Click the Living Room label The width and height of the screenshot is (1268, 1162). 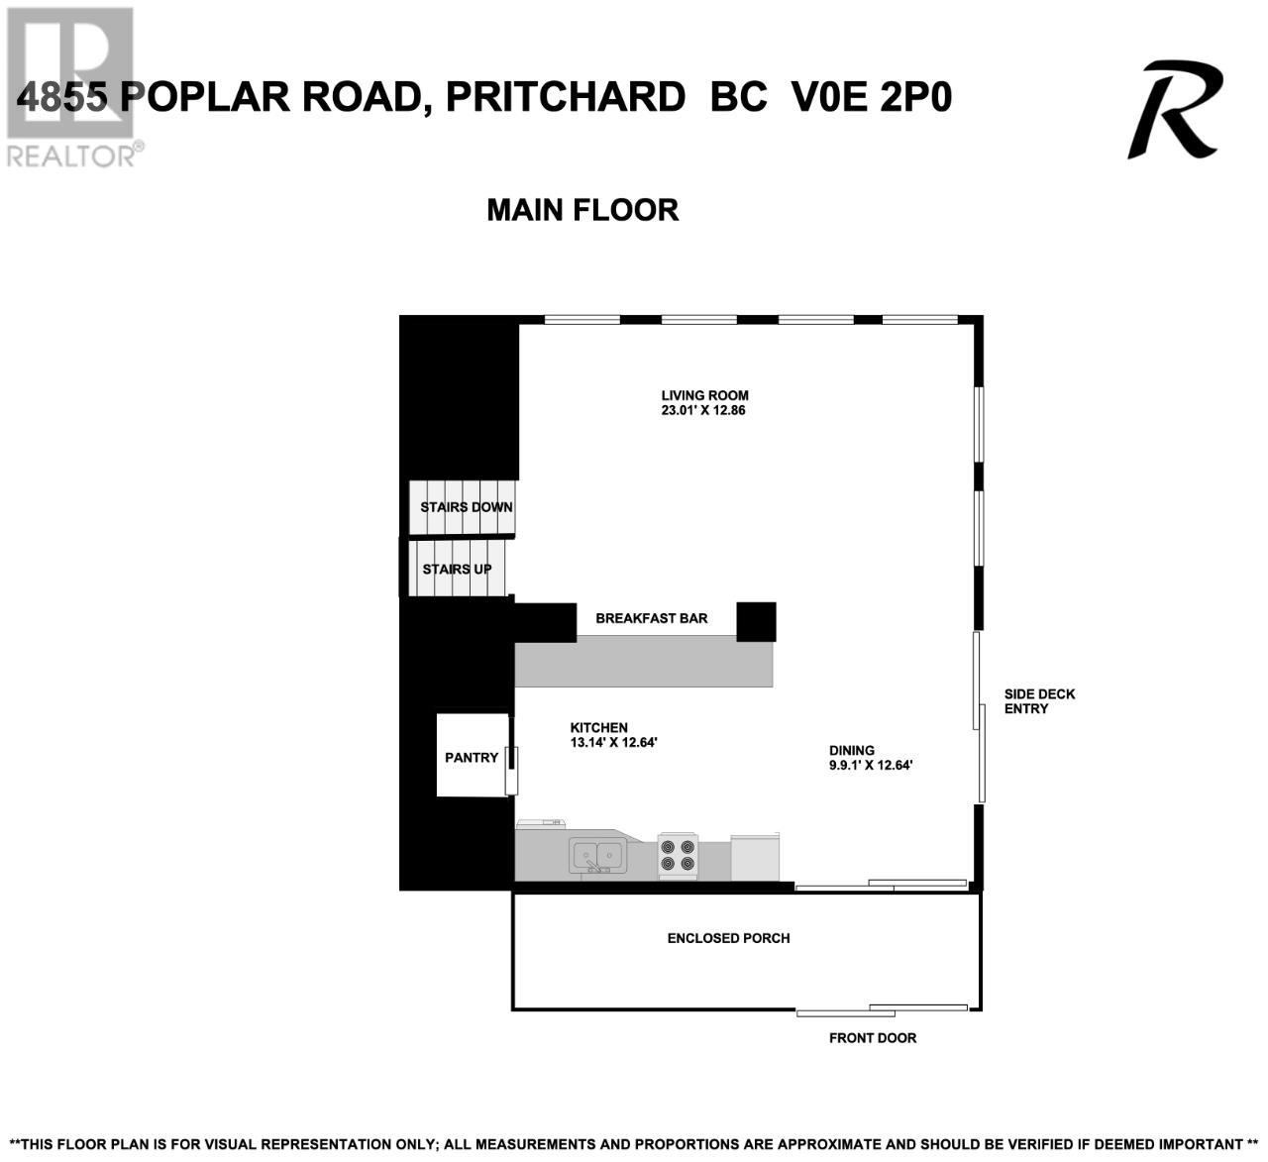pyautogui.click(x=704, y=395)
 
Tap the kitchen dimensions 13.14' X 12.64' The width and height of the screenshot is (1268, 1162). pyautogui.click(x=614, y=742)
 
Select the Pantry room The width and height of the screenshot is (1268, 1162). pyautogui.click(x=473, y=755)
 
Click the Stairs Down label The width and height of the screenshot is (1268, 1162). pyautogui.click(x=467, y=507)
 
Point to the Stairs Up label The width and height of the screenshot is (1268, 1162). pyautogui.click(x=457, y=569)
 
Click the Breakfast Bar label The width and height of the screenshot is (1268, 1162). pyautogui.click(x=652, y=618)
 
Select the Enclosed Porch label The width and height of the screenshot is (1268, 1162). pyautogui.click(x=729, y=938)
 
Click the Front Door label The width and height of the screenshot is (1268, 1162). pyautogui.click(x=873, y=1038)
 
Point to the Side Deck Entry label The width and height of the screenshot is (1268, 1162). pyautogui.click(x=1040, y=701)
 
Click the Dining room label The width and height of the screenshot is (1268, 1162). pyautogui.click(x=852, y=751)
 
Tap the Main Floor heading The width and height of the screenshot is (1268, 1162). pyautogui.click(x=582, y=210)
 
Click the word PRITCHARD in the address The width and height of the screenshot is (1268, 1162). pyautogui.click(x=566, y=97)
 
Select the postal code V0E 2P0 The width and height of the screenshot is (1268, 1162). pyautogui.click(x=872, y=97)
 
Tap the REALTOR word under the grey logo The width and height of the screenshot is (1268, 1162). pyautogui.click(x=70, y=157)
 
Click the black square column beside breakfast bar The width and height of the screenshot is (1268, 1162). pyautogui.click(x=756, y=622)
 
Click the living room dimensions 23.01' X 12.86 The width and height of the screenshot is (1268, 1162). pyautogui.click(x=703, y=410)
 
